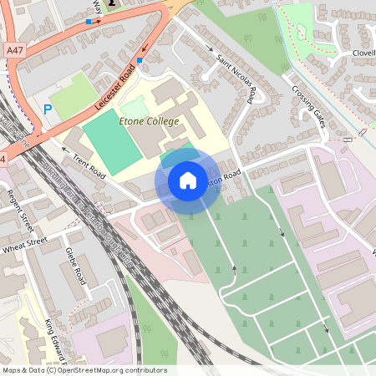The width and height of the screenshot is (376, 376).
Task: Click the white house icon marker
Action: click(x=187, y=180)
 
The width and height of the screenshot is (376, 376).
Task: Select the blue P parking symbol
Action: click(x=48, y=109)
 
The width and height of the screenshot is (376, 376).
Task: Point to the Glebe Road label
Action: click(x=75, y=265)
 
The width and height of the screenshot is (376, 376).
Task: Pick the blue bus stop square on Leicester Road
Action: click(x=140, y=60)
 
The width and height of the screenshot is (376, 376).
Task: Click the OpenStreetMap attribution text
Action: click(x=84, y=370)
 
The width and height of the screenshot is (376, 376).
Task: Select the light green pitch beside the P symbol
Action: click(x=72, y=94)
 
